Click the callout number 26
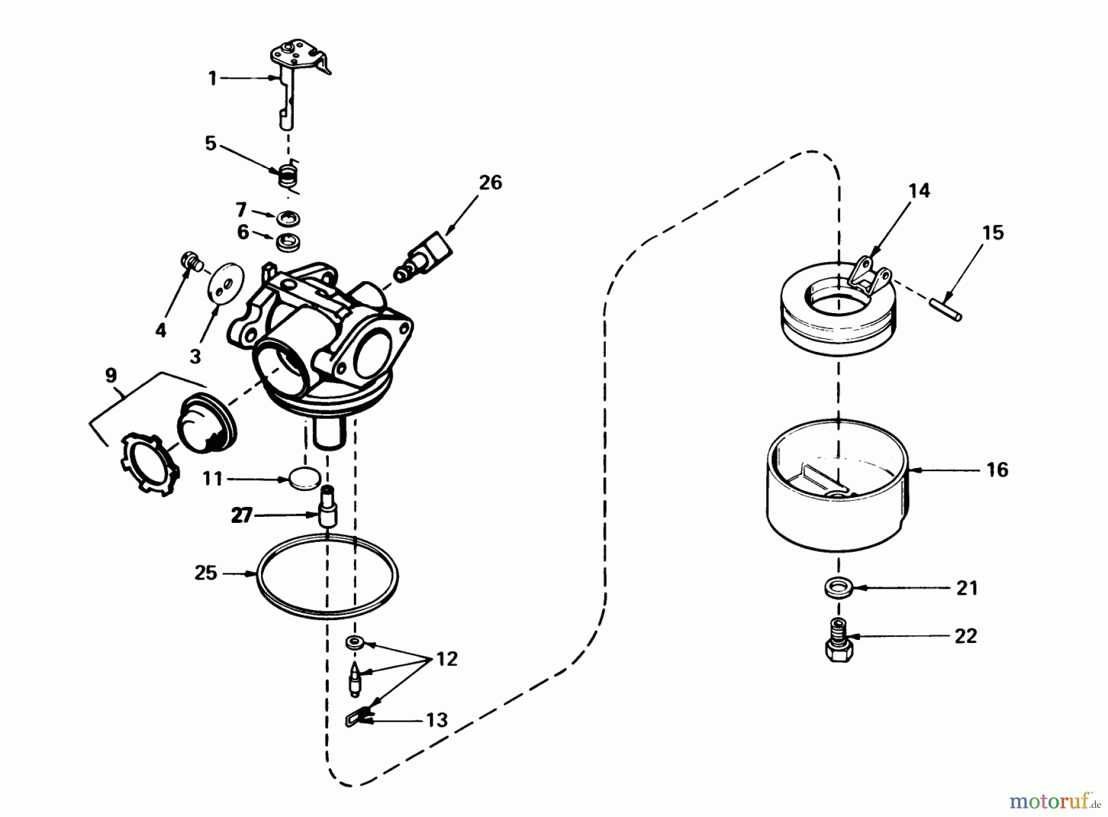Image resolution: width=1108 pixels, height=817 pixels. click(490, 183)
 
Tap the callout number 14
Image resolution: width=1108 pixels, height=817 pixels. click(918, 191)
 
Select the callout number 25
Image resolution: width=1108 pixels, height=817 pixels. click(206, 573)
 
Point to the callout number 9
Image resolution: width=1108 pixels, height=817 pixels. click(111, 375)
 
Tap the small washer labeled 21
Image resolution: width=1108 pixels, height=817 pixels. click(838, 588)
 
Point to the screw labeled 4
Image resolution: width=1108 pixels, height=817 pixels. click(189, 261)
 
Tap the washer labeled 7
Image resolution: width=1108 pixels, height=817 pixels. click(288, 218)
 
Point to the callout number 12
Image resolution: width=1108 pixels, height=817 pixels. click(448, 660)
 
